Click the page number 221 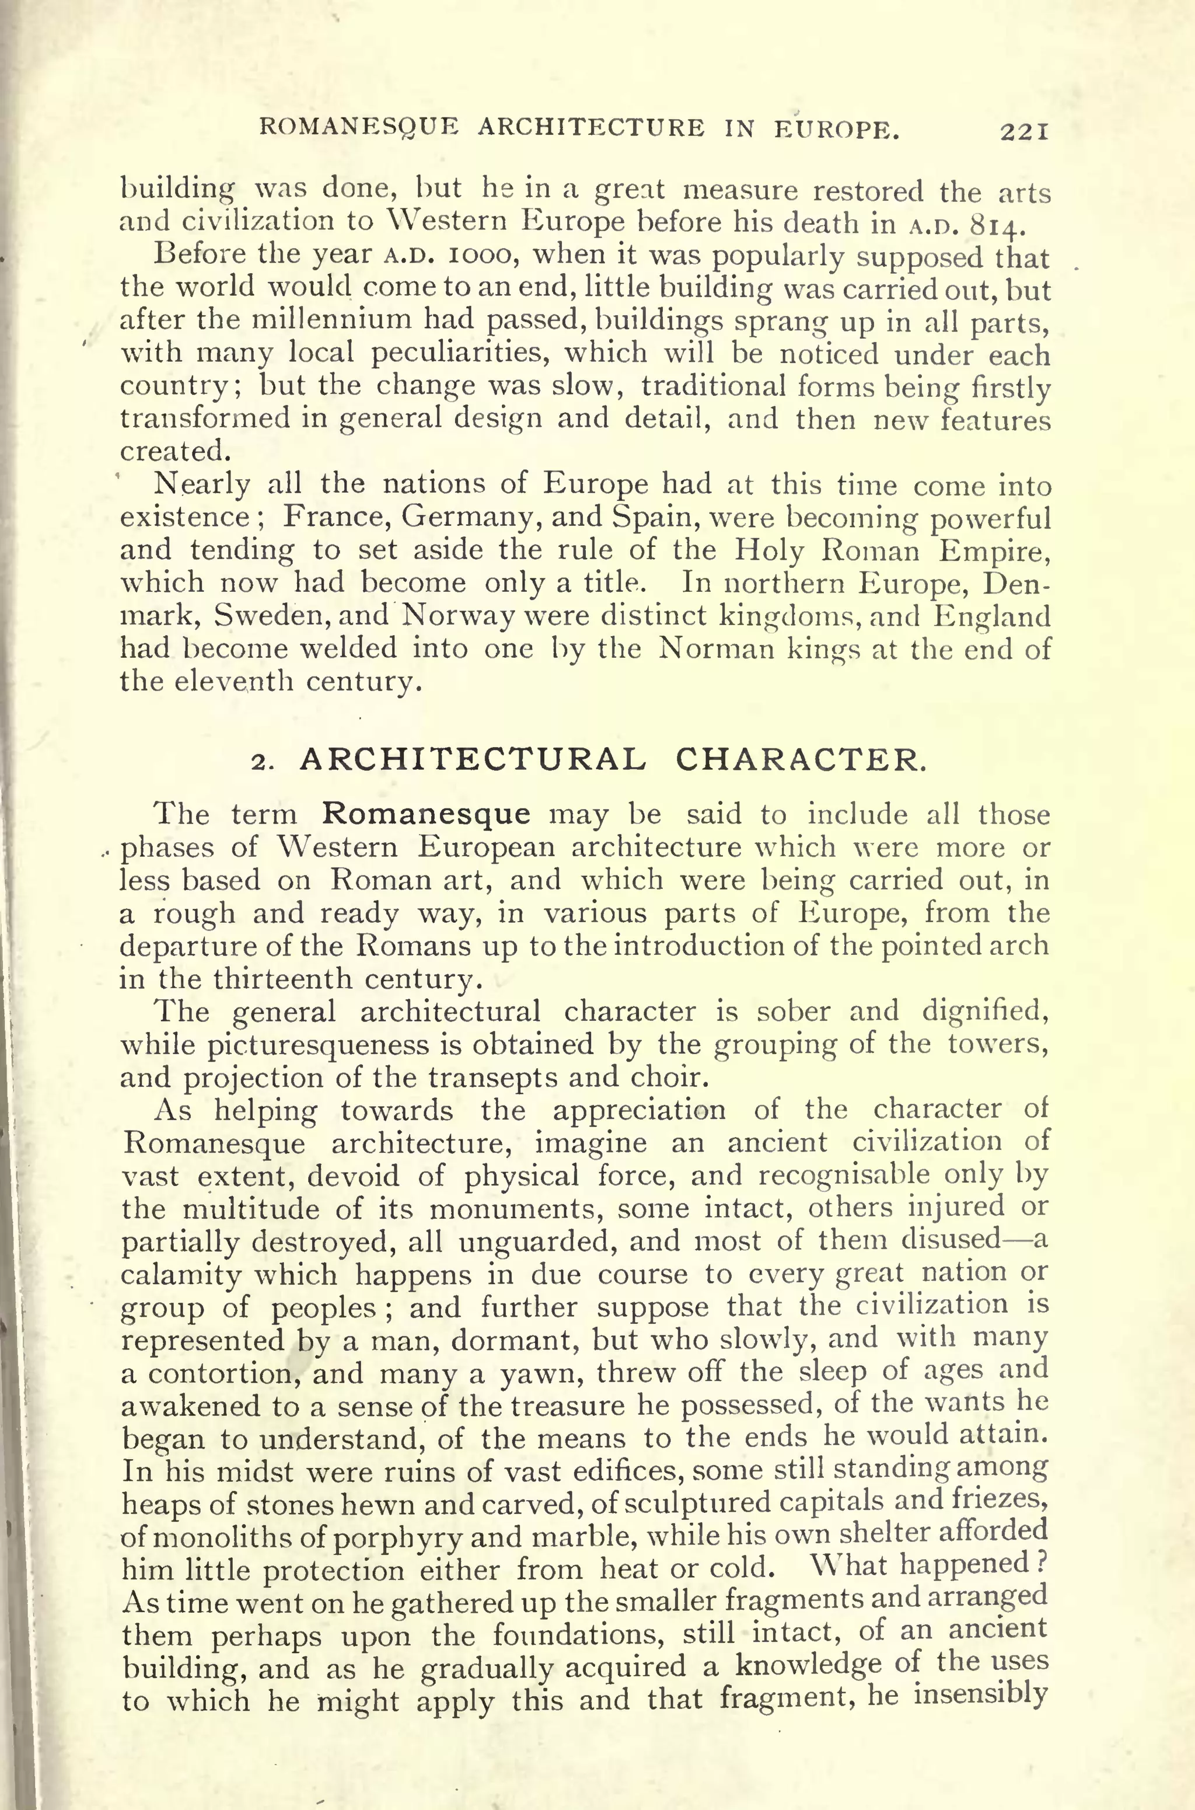click(x=1025, y=132)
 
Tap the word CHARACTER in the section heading click(x=800, y=759)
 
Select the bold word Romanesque click(x=426, y=814)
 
